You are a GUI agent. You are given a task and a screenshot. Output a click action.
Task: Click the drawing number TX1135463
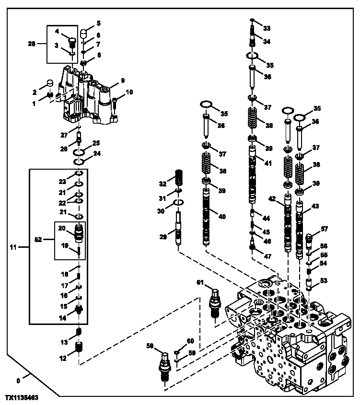[x=22, y=398]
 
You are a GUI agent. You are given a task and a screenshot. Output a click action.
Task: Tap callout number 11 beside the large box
[x=13, y=247]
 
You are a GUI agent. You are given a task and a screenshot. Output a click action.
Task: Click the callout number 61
[x=200, y=282]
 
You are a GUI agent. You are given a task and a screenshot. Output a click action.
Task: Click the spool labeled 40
[x=207, y=217]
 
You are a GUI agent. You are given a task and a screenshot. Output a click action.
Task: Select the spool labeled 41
[x=253, y=177]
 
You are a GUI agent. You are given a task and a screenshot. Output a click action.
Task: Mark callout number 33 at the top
[x=267, y=28]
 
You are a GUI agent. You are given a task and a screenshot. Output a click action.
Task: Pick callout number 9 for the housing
[x=123, y=81]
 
